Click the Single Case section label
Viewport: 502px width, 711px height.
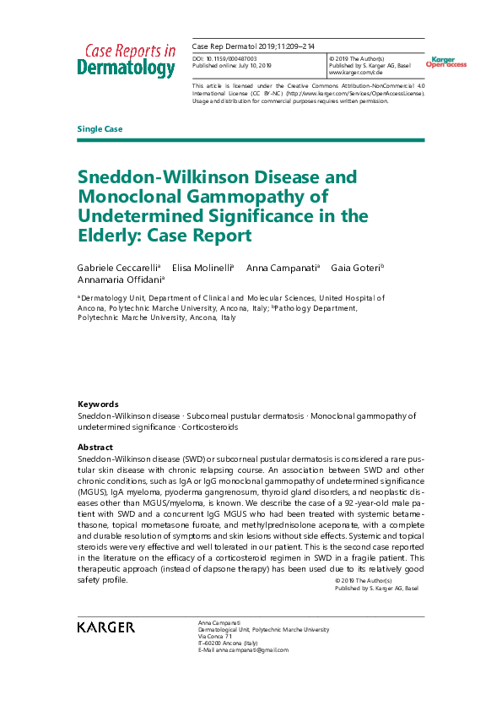pyautogui.click(x=100, y=128)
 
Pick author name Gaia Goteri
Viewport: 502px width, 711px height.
pyautogui.click(x=354, y=267)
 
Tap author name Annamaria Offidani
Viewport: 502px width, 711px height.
pyautogui.click(x=119, y=280)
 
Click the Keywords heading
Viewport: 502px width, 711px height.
pyautogui.click(x=98, y=404)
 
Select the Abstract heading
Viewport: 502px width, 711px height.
pyautogui.click(x=94, y=447)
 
